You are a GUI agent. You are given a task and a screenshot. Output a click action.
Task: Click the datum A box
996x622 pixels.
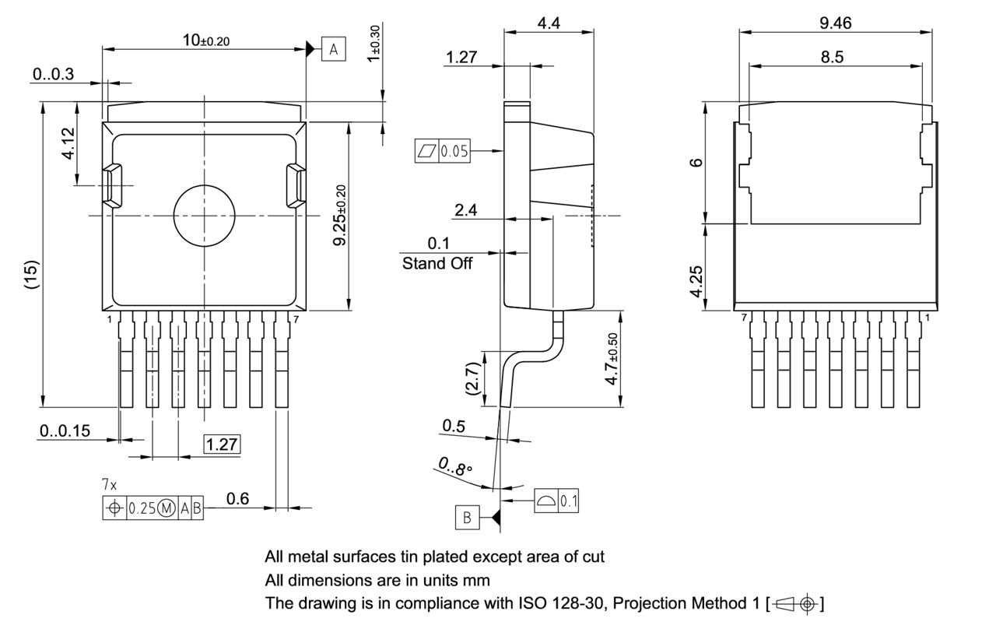click(x=334, y=50)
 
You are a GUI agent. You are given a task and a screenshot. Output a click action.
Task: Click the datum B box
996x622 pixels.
click(x=468, y=517)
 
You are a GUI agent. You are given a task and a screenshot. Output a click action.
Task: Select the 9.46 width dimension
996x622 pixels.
click(x=835, y=23)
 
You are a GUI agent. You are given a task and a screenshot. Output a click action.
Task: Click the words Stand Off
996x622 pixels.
click(x=437, y=263)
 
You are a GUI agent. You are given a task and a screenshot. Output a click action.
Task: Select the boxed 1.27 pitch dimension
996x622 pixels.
click(x=222, y=445)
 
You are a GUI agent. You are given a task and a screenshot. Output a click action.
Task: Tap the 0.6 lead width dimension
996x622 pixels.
click(x=237, y=499)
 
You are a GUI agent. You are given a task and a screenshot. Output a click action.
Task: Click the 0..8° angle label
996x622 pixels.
click(x=455, y=468)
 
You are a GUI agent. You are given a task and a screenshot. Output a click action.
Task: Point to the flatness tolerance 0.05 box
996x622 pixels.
click(x=443, y=151)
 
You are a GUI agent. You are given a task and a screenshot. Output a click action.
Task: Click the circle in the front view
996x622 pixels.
click(x=204, y=215)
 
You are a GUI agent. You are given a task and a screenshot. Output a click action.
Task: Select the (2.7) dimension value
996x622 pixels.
click(x=472, y=378)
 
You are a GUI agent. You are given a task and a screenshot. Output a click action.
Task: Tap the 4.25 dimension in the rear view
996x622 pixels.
click(x=696, y=279)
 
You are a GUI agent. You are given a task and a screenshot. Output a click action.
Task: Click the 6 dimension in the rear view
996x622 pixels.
click(x=696, y=162)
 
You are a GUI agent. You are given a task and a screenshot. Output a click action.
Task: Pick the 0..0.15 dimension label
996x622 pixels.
click(x=65, y=430)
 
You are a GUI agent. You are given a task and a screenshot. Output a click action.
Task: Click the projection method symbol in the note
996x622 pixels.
click(x=798, y=603)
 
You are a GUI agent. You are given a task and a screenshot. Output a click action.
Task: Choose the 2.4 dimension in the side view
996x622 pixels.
click(x=466, y=209)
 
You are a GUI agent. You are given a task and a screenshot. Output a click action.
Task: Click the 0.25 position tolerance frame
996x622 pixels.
click(x=153, y=508)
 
